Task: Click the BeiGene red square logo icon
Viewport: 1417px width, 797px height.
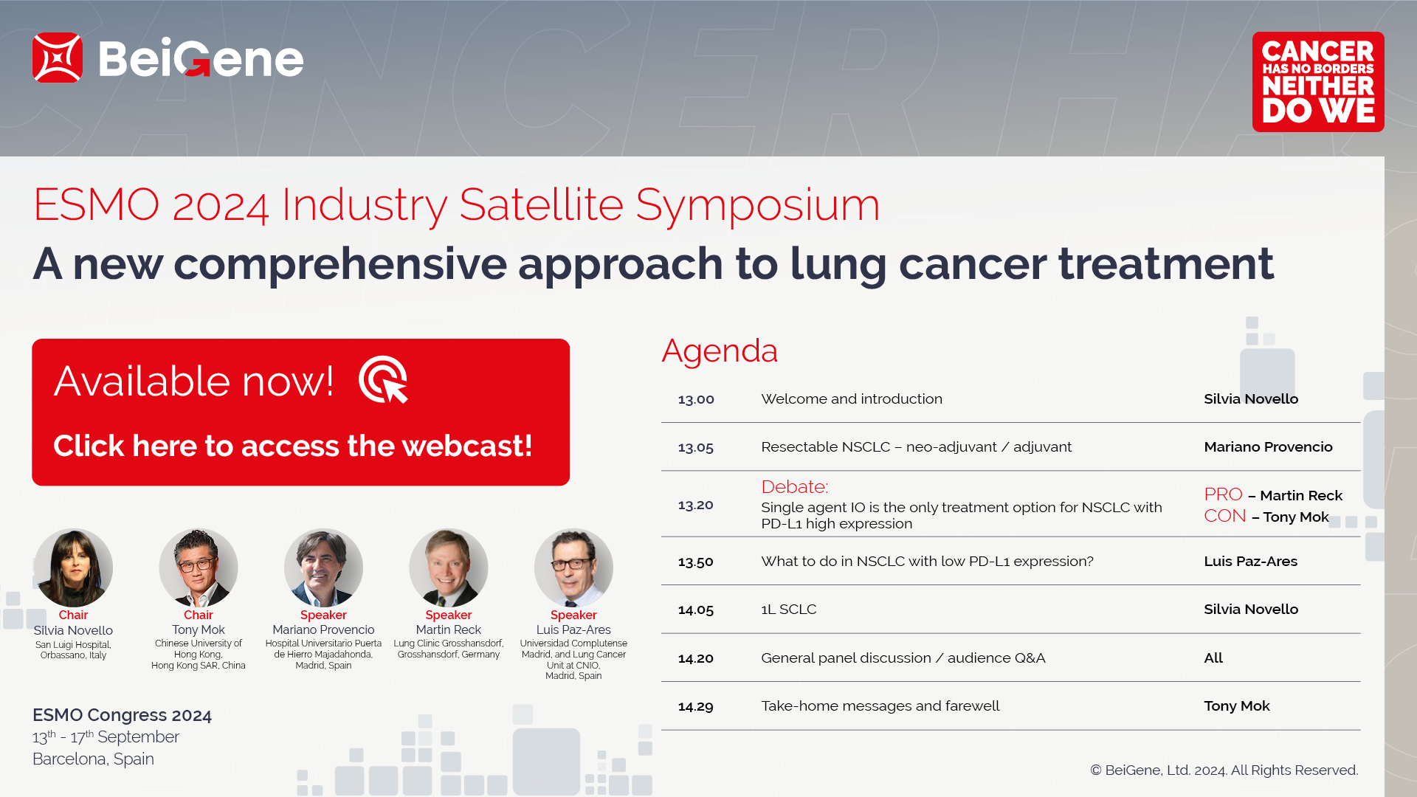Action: [x=58, y=58]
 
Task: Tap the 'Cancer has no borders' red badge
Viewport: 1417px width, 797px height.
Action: [x=1318, y=82]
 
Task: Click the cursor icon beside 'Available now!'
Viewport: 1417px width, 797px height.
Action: [x=384, y=380]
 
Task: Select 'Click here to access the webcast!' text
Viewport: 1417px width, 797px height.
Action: [x=293, y=446]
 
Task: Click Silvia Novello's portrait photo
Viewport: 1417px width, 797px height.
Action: [x=73, y=568]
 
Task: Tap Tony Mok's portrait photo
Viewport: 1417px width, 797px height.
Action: [x=199, y=568]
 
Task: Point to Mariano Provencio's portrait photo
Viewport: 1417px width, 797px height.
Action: [x=323, y=568]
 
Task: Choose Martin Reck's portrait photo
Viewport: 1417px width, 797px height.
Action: [x=449, y=568]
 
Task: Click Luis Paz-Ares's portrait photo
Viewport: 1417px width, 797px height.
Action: [x=573, y=568]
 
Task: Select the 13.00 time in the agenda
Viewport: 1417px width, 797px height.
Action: [x=696, y=399]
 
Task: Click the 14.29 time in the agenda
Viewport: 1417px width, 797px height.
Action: [x=696, y=706]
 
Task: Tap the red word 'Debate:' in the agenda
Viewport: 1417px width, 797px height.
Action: [x=795, y=487]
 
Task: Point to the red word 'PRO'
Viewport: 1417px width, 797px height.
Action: [x=1223, y=494]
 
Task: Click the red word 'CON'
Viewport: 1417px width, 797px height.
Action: [x=1225, y=516]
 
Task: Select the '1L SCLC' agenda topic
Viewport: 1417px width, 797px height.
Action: [x=789, y=610]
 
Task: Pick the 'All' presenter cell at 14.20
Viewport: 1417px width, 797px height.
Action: [x=1213, y=658]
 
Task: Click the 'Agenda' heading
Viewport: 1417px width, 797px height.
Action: [x=720, y=351]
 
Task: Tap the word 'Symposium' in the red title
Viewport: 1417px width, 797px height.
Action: [x=758, y=205]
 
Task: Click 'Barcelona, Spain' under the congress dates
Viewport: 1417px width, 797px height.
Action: [x=93, y=759]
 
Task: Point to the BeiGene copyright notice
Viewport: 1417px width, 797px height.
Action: [x=1224, y=770]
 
